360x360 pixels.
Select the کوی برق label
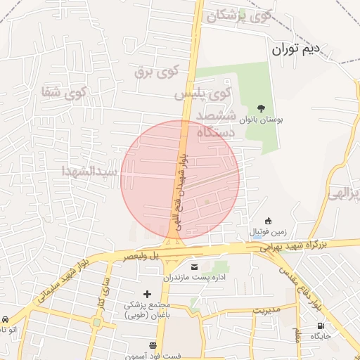pyautogui.click(x=159, y=70)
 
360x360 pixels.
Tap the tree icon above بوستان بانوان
pyautogui.click(x=262, y=108)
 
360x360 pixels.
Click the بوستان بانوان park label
pyautogui.click(x=262, y=121)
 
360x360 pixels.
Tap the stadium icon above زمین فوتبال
pyautogui.click(x=268, y=221)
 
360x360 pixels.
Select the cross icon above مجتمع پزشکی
pyautogui.click(x=147, y=293)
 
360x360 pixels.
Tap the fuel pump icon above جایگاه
pyautogui.click(x=322, y=326)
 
